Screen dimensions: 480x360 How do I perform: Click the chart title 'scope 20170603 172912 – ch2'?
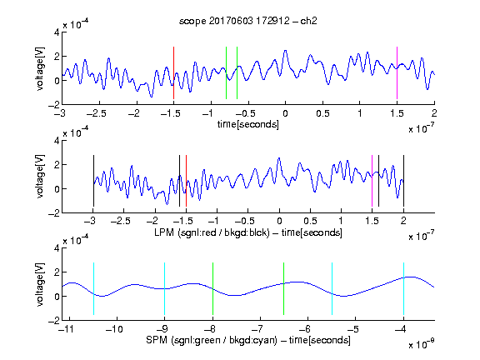(248, 21)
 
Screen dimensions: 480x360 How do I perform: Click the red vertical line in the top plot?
(173, 72)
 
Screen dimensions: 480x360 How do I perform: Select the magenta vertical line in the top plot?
(397, 72)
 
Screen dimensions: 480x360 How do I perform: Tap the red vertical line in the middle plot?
(186, 181)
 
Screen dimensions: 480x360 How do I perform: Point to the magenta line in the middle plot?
(372, 181)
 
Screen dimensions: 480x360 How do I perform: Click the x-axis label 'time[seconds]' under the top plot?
(248, 124)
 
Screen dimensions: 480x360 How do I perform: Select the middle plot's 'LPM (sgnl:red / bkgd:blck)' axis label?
(212, 232)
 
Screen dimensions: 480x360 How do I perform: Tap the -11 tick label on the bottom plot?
(68, 329)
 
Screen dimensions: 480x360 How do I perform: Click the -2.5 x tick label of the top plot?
(97, 113)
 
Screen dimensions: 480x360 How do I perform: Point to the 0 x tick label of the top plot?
(285, 113)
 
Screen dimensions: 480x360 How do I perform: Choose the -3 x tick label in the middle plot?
(91, 221)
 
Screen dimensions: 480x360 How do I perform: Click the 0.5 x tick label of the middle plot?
(310, 221)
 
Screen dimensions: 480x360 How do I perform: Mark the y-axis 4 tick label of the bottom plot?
(57, 248)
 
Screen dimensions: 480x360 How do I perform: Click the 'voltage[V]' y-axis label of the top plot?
(40, 68)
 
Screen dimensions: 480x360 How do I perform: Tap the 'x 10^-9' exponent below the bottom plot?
(422, 344)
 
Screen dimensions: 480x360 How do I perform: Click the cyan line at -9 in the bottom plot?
(165, 288)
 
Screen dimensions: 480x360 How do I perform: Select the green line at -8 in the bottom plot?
(212, 288)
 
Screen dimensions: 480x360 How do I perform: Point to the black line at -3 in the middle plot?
(93, 181)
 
